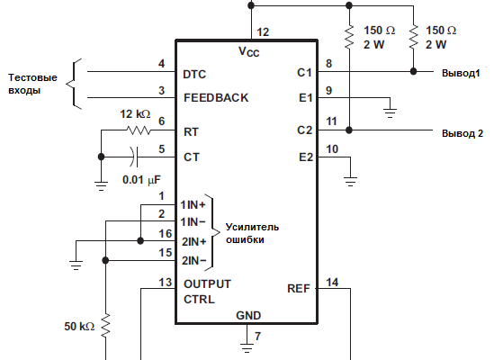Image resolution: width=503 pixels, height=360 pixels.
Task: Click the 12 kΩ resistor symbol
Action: (x=139, y=130)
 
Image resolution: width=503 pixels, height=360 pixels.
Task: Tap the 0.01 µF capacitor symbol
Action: (x=134, y=157)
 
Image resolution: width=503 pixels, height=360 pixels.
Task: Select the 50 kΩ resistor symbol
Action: (x=105, y=326)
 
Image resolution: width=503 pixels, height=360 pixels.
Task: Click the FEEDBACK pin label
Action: (x=216, y=97)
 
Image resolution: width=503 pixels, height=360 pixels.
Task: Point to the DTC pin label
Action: (x=194, y=74)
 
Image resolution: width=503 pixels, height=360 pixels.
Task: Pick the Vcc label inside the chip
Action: (x=249, y=51)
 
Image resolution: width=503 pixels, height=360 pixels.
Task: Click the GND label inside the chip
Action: (x=248, y=315)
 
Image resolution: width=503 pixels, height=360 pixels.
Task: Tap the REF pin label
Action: (x=299, y=288)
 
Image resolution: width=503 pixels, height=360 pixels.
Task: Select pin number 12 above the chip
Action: (x=263, y=31)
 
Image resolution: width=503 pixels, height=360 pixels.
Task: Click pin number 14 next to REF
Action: (x=332, y=282)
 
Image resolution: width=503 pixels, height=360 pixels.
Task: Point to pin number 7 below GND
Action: (x=257, y=336)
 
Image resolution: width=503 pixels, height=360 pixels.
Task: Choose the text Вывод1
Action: (x=461, y=73)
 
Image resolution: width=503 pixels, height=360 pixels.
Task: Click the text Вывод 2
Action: (x=463, y=133)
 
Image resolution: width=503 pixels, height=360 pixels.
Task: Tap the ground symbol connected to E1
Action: (x=390, y=112)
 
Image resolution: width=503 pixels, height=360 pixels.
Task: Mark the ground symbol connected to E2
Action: (x=350, y=181)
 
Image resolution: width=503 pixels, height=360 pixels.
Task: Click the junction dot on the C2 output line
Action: (x=349, y=130)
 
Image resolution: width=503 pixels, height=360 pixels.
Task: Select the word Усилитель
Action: (x=252, y=227)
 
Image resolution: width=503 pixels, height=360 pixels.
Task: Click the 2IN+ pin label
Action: (x=193, y=241)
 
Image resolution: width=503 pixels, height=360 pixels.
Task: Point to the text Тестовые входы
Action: (x=32, y=84)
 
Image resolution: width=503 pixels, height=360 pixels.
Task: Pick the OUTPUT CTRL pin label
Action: (x=207, y=292)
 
